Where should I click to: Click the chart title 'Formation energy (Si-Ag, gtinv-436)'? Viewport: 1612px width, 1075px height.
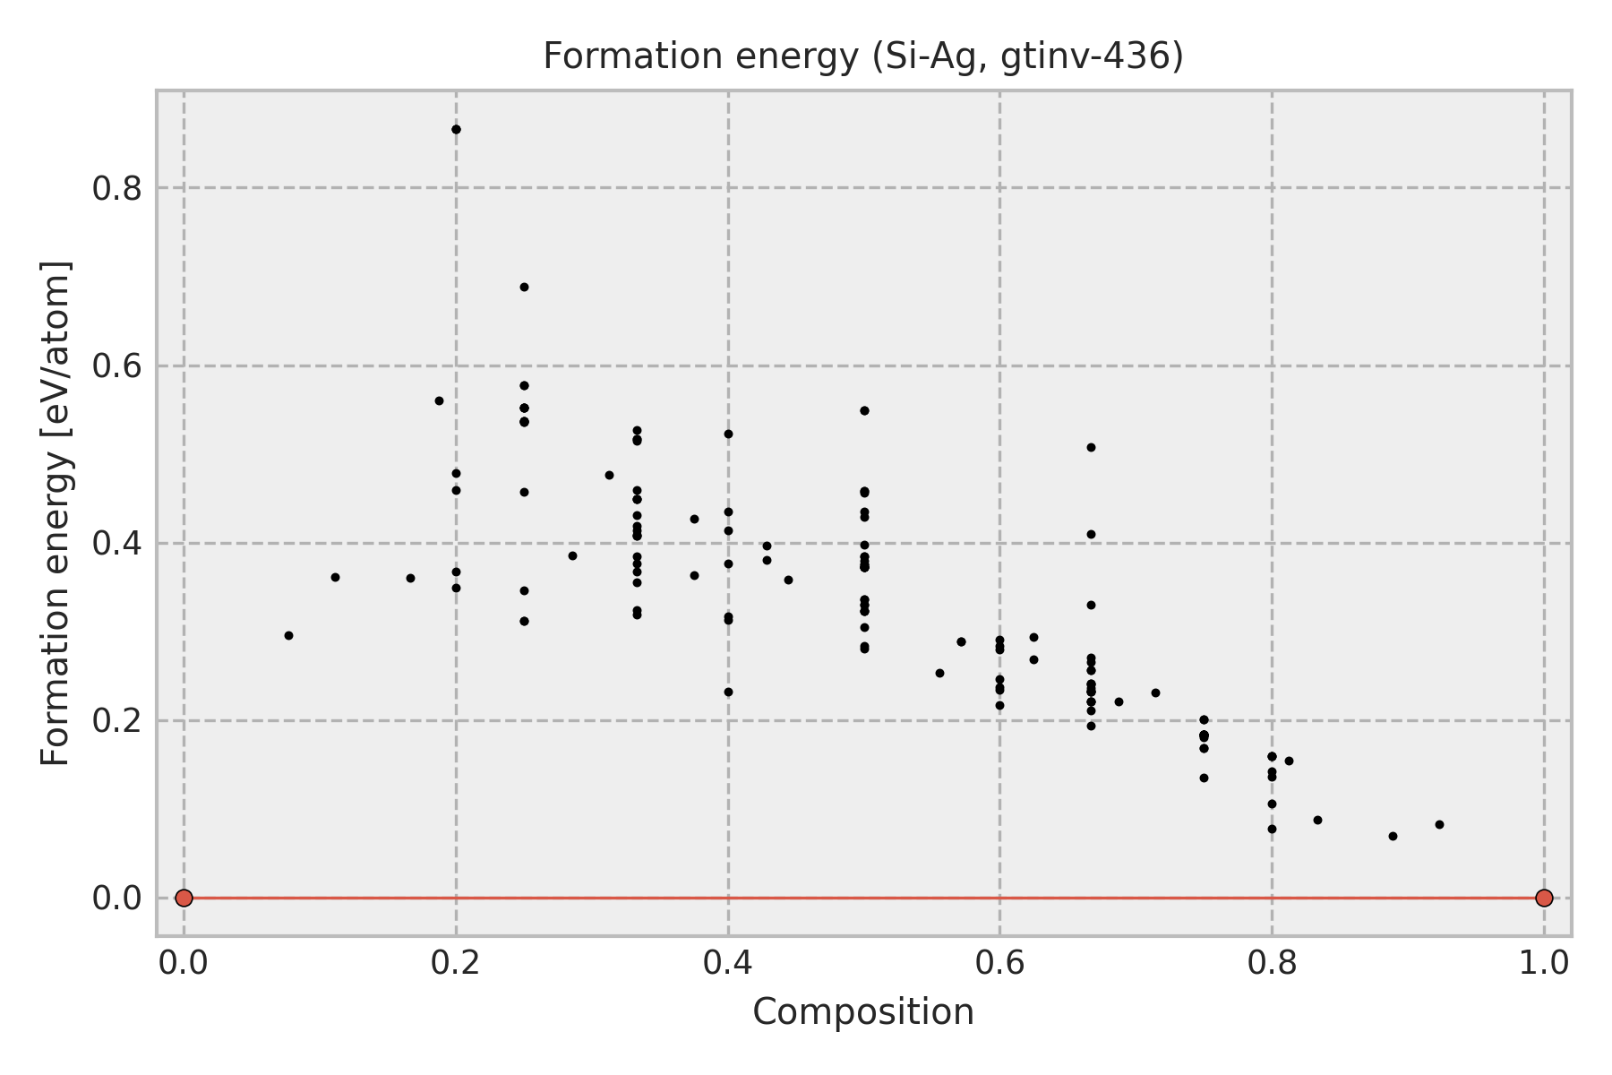point(863,57)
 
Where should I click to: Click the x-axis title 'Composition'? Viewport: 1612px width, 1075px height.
point(863,1013)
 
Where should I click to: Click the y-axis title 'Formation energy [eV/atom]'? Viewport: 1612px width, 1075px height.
point(56,513)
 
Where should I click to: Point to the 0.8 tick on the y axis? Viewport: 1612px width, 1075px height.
point(117,189)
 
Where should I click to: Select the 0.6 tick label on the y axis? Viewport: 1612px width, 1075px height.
point(117,366)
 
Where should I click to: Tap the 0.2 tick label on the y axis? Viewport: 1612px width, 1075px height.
point(117,721)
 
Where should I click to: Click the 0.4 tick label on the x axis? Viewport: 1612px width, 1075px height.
point(727,963)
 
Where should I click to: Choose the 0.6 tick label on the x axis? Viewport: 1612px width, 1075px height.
point(999,963)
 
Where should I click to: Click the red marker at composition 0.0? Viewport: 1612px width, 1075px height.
point(184,898)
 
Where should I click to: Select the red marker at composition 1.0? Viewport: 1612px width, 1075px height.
point(1544,898)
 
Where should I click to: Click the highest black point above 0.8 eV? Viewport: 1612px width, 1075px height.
point(456,130)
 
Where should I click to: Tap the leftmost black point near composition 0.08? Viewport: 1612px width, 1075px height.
point(288,635)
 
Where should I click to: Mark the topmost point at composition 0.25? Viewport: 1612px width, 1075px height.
point(524,287)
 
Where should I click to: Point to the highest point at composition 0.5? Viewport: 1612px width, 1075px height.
point(864,410)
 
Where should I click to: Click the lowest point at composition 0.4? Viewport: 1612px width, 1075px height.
point(728,692)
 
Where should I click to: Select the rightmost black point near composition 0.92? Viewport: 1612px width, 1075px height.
point(1439,824)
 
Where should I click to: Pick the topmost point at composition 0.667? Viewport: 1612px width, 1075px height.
point(1091,447)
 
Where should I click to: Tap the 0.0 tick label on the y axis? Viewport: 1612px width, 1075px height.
point(117,899)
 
